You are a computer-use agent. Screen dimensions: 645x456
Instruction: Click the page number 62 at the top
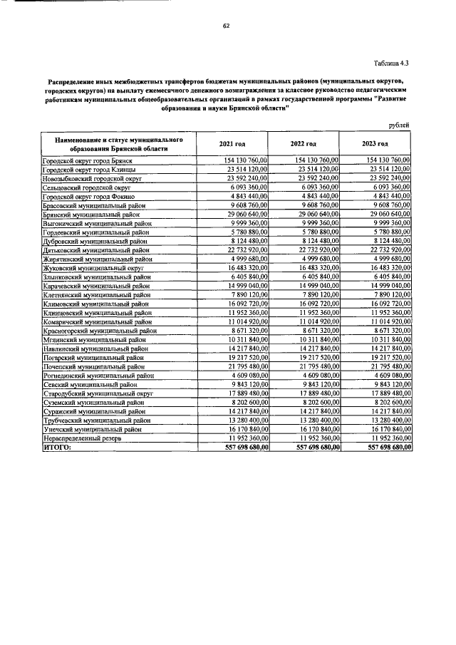pyautogui.click(x=225, y=26)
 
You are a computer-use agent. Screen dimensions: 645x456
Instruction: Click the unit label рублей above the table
pyautogui.click(x=399, y=125)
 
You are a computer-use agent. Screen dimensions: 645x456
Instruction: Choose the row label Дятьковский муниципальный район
pyautogui.click(x=96, y=249)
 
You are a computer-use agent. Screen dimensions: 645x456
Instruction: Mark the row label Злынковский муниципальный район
pyautogui.click(x=96, y=276)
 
